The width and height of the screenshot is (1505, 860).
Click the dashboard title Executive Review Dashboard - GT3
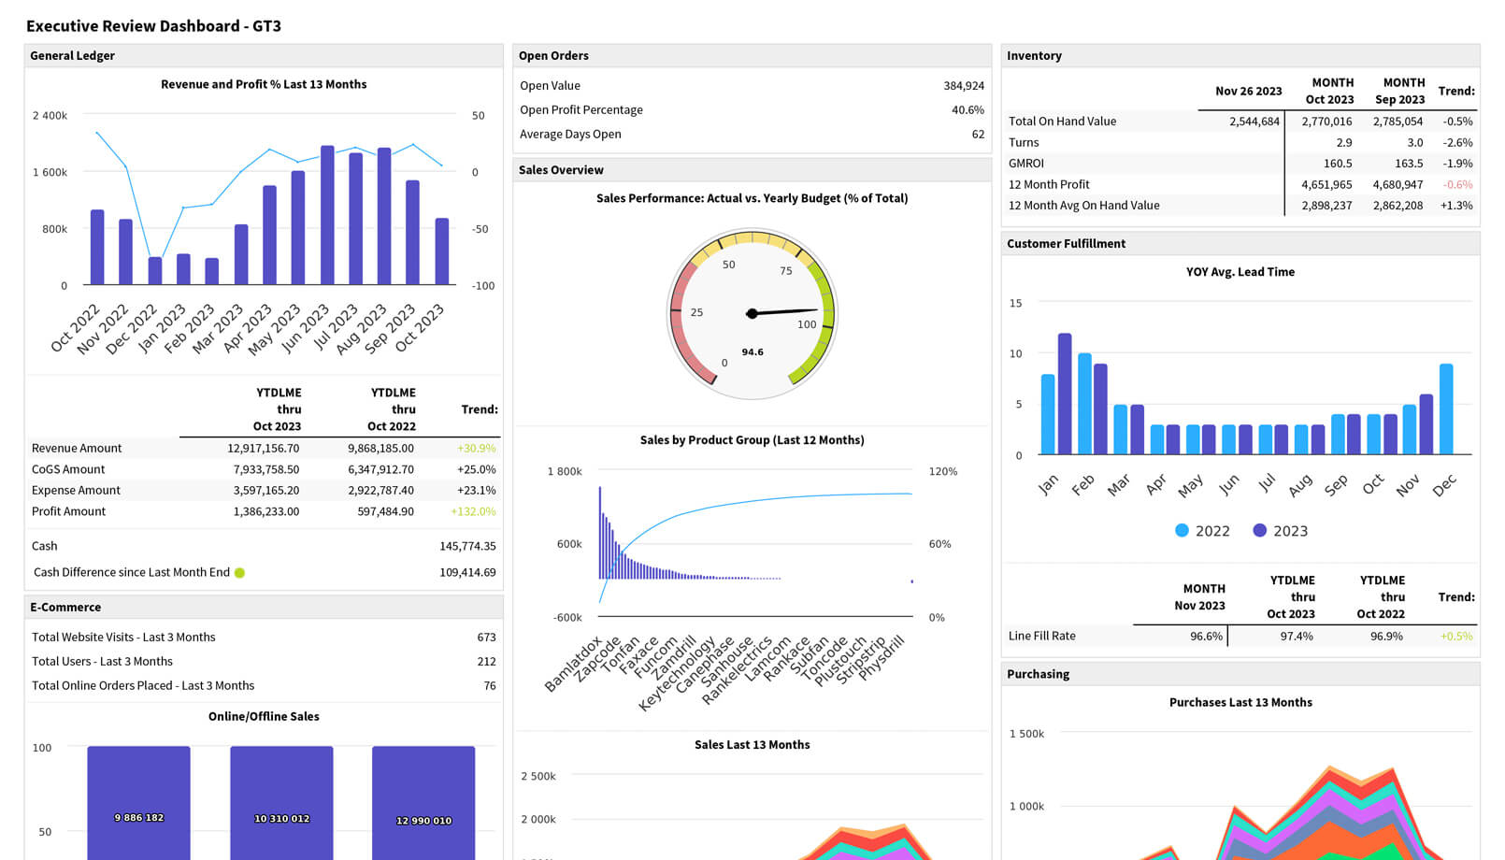tap(153, 26)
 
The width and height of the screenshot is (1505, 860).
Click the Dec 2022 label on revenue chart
tap(132, 329)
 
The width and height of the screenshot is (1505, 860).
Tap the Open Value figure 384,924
tap(964, 86)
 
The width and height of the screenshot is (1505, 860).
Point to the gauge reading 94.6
tap(752, 352)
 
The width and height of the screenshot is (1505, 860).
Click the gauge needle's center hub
tap(752, 313)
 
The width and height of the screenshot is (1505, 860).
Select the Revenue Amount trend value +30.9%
tap(476, 449)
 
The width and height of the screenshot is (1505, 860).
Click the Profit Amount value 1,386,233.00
tap(266, 511)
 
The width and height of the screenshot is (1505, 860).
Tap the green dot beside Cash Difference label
tap(240, 573)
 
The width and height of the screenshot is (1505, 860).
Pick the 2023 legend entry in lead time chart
tap(1280, 531)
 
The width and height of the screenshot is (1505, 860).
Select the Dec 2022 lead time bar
tap(1446, 409)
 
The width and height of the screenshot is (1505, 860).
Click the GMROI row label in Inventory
tap(1026, 164)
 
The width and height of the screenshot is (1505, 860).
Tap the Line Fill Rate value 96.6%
tap(1206, 637)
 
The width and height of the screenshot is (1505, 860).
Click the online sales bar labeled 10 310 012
tap(281, 802)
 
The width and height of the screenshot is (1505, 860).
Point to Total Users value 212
tap(486, 662)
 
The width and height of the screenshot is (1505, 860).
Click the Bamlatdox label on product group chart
tap(573, 665)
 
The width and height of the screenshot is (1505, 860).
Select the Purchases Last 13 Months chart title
tap(1240, 703)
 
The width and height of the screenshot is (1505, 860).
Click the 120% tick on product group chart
tap(942, 472)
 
